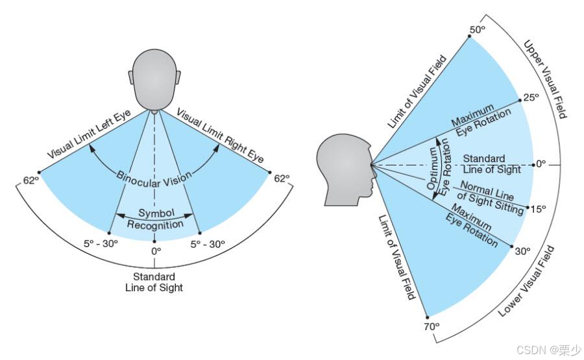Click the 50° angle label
tap(478, 30)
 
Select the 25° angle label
tap(531, 98)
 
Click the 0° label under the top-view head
tap(155, 250)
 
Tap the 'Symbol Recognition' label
tap(154, 219)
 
